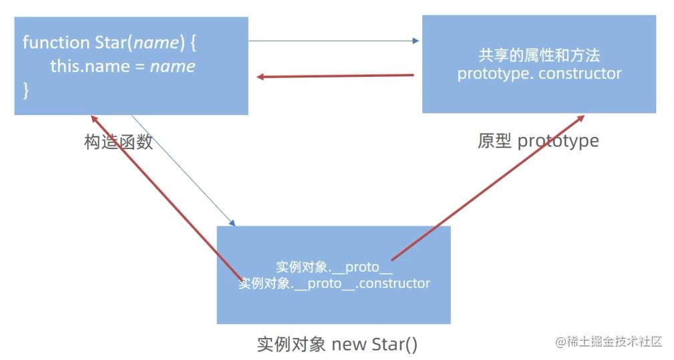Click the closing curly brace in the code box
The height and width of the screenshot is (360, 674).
[x=26, y=90]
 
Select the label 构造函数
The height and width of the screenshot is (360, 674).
[x=118, y=142]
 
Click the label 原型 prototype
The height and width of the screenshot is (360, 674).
[x=538, y=141]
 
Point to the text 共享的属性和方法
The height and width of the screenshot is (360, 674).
[x=539, y=55]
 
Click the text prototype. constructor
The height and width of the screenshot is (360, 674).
[x=539, y=73]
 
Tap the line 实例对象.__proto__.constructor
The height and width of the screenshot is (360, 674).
[x=334, y=283]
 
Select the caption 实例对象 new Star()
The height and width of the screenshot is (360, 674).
[x=337, y=344]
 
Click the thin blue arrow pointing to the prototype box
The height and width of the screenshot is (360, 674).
[x=334, y=41]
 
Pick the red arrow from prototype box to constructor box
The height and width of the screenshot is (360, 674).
[x=334, y=76]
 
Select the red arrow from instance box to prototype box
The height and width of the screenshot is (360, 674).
[x=488, y=187]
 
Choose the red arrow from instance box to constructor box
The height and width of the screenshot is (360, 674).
[x=167, y=197]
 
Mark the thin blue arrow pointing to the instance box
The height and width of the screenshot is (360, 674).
[x=184, y=170]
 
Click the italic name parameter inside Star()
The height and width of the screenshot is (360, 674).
[x=157, y=43]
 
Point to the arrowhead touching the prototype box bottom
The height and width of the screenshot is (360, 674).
[x=580, y=119]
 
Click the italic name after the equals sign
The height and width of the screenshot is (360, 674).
[x=172, y=66]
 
